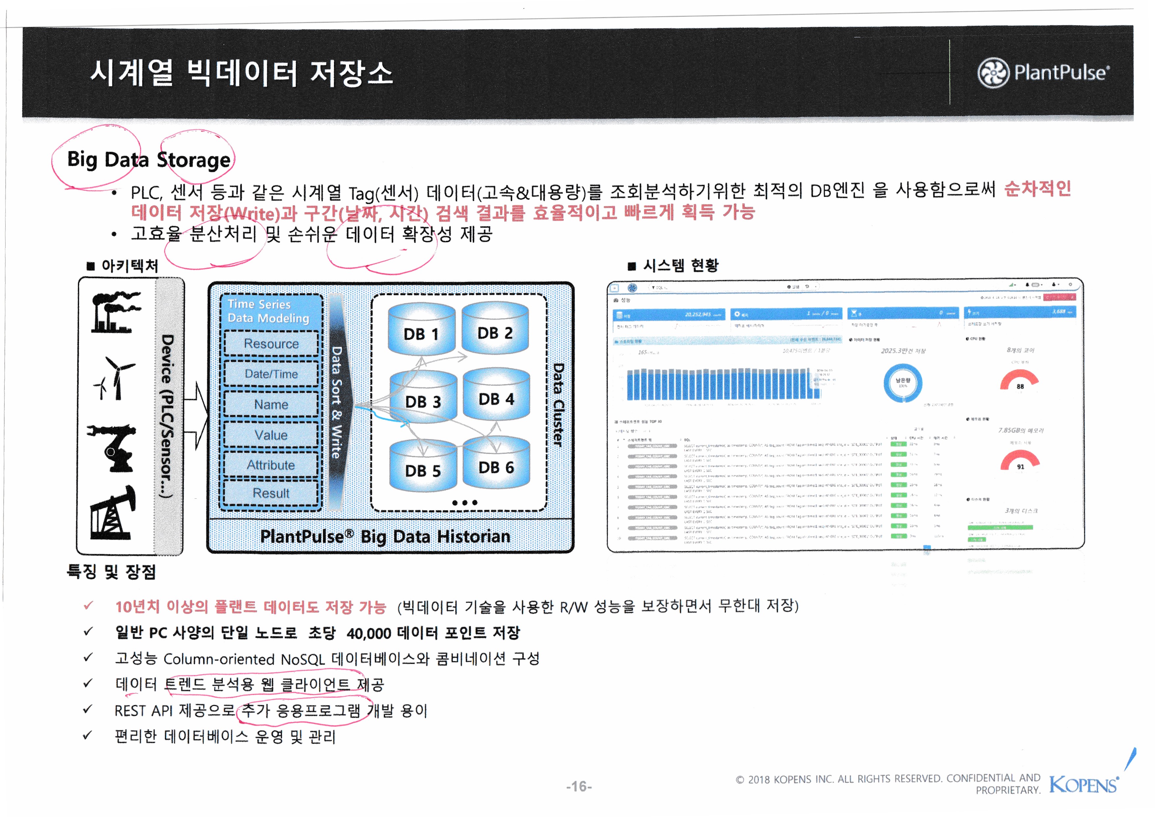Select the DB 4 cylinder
(x=496, y=396)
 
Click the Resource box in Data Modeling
(x=271, y=344)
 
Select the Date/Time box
(x=271, y=374)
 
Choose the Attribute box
(x=271, y=465)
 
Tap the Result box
(x=271, y=493)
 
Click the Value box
(x=271, y=435)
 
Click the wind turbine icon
(x=115, y=378)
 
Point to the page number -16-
(x=579, y=786)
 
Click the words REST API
(x=143, y=711)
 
